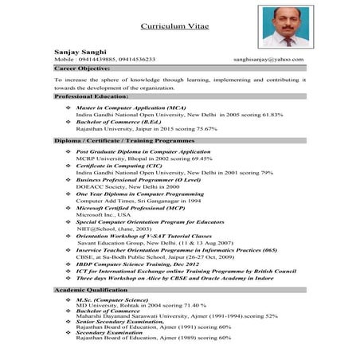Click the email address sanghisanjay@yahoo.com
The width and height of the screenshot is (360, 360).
(x=275, y=59)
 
